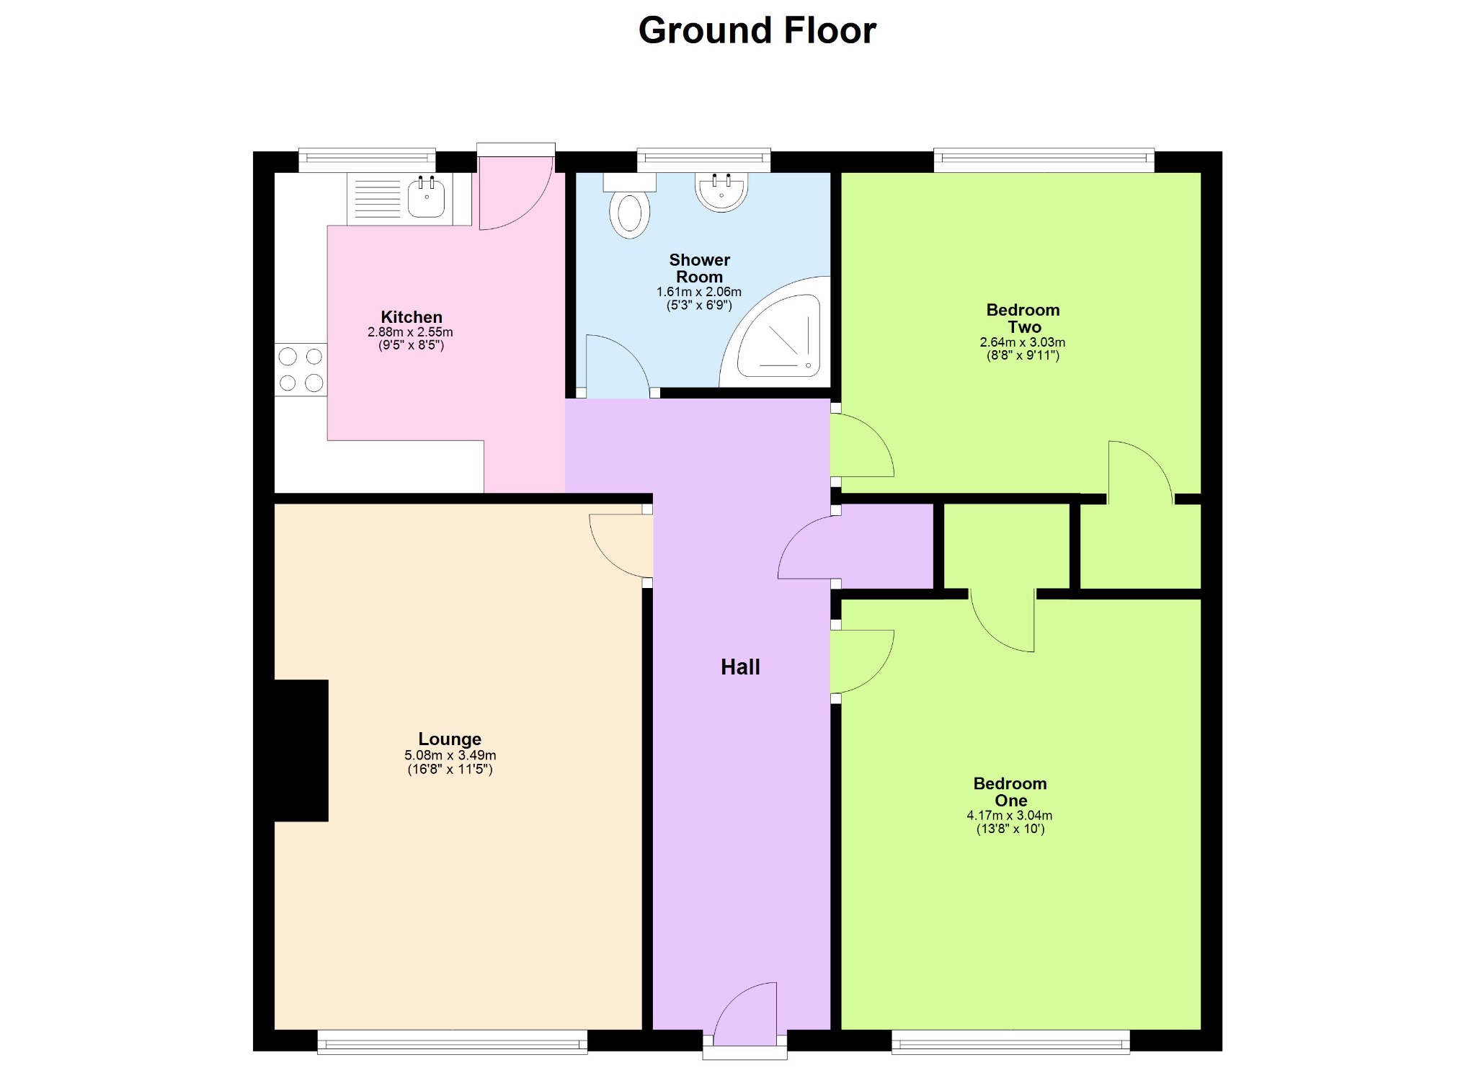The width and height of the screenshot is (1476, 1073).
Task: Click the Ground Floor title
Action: (x=757, y=31)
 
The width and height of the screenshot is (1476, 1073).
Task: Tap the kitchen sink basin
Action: (x=426, y=197)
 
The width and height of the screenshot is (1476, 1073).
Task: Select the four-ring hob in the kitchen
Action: (x=301, y=370)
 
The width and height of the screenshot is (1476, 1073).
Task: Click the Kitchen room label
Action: (x=412, y=317)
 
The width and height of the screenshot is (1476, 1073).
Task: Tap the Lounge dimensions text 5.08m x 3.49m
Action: (x=450, y=755)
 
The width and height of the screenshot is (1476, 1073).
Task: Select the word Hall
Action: (x=740, y=667)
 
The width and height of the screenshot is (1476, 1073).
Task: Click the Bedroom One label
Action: (x=1010, y=792)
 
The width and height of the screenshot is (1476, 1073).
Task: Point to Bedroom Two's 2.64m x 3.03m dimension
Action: (x=1022, y=342)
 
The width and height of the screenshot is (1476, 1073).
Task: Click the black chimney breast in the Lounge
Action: (x=301, y=750)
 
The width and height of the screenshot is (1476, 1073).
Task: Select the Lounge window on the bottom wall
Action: (x=453, y=1041)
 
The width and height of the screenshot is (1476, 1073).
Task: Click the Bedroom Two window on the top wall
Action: (x=1044, y=160)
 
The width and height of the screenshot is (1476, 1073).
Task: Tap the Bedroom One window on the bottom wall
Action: (x=1010, y=1041)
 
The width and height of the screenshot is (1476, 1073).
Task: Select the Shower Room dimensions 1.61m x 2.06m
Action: (x=698, y=292)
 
